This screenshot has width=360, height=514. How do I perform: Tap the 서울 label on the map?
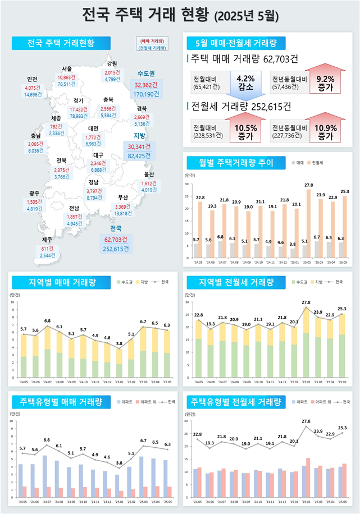pyautogui.click(x=67, y=69)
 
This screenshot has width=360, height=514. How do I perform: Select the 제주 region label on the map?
pyautogui.click(x=47, y=240)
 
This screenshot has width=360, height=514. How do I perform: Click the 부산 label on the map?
pyautogui.click(x=123, y=198)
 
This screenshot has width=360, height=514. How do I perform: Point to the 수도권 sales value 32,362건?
pyautogui.click(x=147, y=84)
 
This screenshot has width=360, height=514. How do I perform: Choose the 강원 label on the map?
pyautogui.click(x=112, y=63)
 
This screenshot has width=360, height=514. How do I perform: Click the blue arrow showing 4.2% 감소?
pyautogui.click(x=247, y=83)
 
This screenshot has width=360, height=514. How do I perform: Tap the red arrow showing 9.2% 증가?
pyautogui.click(x=325, y=83)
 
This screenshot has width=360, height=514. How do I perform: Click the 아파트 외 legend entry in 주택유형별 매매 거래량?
pyautogui.click(x=151, y=402)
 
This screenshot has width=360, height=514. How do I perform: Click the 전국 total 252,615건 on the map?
pyautogui.click(x=116, y=248)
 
